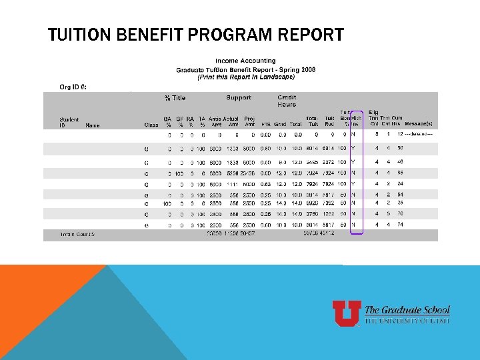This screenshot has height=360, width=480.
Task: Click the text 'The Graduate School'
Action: click(x=407, y=310)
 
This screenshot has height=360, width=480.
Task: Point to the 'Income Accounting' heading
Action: click(x=245, y=61)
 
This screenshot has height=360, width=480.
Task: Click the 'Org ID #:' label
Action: click(x=73, y=87)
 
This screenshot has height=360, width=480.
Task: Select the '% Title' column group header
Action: click(x=175, y=98)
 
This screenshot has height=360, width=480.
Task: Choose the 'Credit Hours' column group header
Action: click(x=287, y=101)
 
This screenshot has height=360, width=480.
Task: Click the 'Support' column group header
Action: click(x=239, y=98)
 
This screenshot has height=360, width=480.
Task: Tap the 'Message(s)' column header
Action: click(x=419, y=124)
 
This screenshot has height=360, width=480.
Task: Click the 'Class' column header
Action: click(x=151, y=124)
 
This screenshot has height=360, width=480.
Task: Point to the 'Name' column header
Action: click(x=93, y=124)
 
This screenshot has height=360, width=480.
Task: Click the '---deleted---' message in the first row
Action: click(x=419, y=135)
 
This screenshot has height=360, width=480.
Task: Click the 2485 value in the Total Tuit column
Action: click(x=312, y=161)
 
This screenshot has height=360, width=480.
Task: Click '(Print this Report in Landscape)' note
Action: click(x=245, y=77)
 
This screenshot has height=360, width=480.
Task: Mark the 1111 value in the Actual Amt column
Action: click(x=231, y=183)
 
